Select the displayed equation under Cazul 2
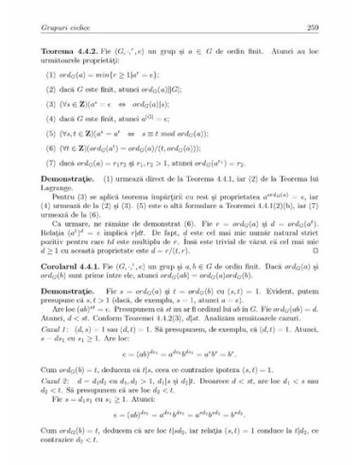[x=180, y=440]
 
